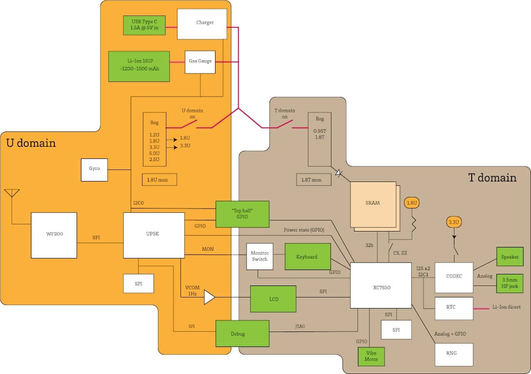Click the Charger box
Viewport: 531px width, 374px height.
pyautogui.click(x=202, y=24)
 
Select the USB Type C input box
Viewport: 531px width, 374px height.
pyautogui.click(x=144, y=25)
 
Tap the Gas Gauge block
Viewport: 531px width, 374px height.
pyautogui.click(x=200, y=62)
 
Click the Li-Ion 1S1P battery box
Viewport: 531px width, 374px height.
pyautogui.click(x=139, y=66)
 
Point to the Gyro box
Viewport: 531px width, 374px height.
pyautogui.click(x=94, y=170)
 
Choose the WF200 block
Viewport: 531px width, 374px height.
pyautogui.click(x=54, y=235)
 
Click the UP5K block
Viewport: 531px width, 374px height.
pyautogui.click(x=154, y=235)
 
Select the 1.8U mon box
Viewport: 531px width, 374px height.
pyautogui.click(x=159, y=180)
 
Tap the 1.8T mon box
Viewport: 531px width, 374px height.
pyautogui.click(x=314, y=180)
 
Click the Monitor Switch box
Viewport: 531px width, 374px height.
pyautogui.click(x=260, y=256)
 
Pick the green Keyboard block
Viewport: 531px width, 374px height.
pyautogui.click(x=308, y=256)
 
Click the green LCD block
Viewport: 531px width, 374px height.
pyautogui.click(x=273, y=299)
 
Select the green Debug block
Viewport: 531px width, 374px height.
pyautogui.click(x=242, y=333)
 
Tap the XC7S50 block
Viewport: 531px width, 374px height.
pyautogui.click(x=381, y=285)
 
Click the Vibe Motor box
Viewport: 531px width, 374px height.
pyautogui.click(x=371, y=356)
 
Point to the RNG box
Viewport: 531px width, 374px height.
pyautogui.click(x=454, y=355)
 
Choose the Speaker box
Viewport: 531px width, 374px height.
pyautogui.click(x=510, y=257)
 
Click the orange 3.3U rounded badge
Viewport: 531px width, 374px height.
pyautogui.click(x=454, y=222)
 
